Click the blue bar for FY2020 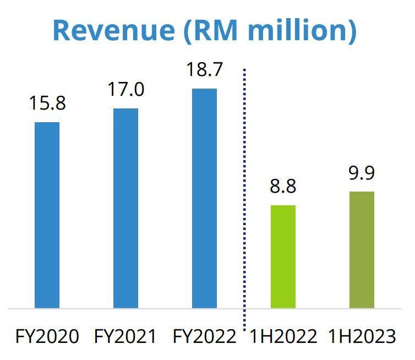coord(47,215)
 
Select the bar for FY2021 coord(125,208)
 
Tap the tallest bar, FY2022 coord(204,198)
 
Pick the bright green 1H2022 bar coord(283,257)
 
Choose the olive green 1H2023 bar coord(362,250)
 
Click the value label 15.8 coord(47,103)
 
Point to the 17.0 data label coord(126,89)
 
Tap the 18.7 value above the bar coord(204,70)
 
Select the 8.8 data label coord(283,186)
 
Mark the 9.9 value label coord(362,173)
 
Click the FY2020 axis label coord(47,336)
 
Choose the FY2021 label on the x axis coord(125,336)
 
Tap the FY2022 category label coord(204,336)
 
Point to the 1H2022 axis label coord(283,336)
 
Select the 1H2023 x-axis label coord(362,336)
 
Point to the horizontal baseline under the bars coord(165,309)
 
